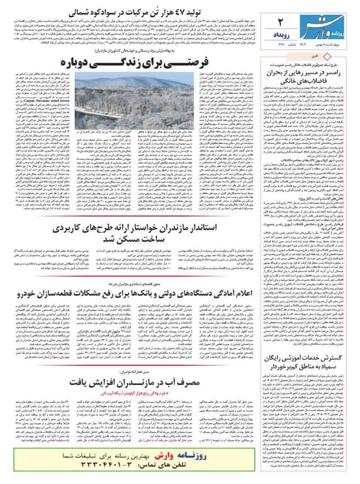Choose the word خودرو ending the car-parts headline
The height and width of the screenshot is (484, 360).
(30, 294)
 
